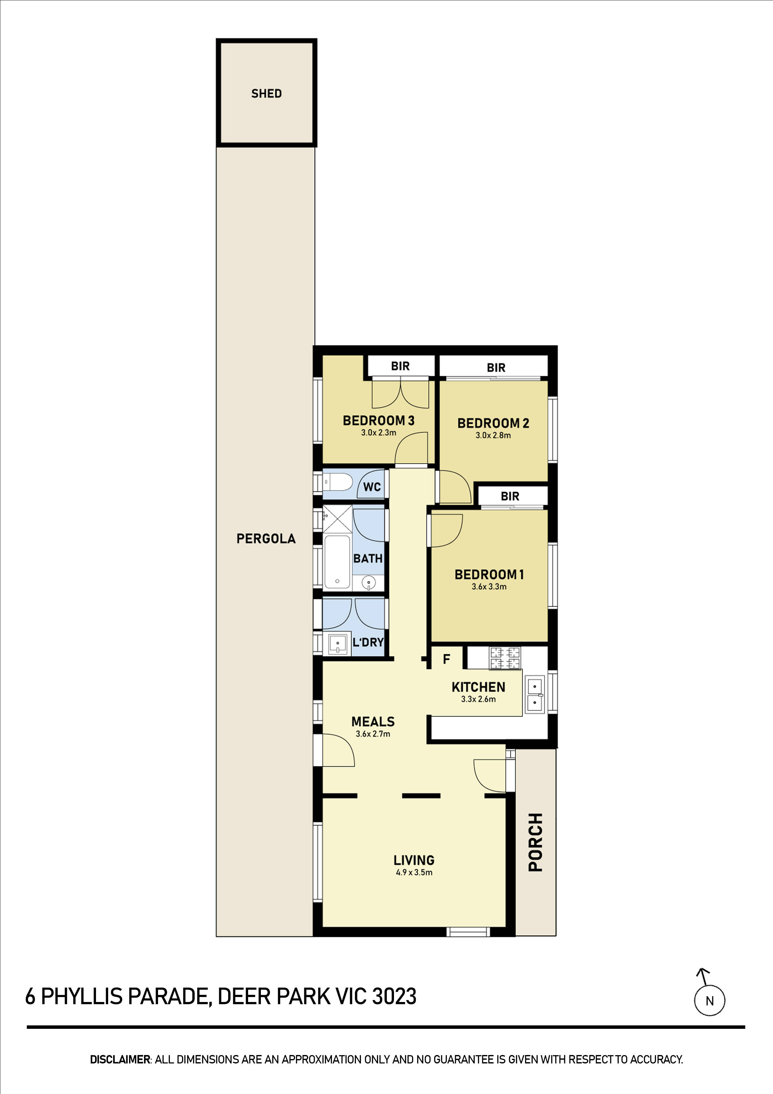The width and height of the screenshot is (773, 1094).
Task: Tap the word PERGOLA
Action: [266, 539]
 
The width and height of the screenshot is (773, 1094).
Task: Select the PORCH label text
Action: [535, 842]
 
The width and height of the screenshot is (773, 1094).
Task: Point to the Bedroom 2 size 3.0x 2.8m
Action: [493, 435]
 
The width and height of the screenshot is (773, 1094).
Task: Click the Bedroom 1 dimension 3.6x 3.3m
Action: [489, 587]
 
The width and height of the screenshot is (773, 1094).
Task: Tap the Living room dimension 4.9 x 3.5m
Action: [414, 873]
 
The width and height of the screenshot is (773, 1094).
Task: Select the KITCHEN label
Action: [478, 687]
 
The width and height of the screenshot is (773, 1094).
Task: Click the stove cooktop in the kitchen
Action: [505, 658]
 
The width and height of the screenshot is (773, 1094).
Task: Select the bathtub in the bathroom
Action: [337, 562]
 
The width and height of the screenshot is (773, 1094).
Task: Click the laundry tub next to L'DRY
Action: [337, 644]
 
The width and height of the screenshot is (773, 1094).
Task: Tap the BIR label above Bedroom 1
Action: [510, 496]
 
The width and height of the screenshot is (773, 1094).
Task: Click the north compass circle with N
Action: [709, 1001]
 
